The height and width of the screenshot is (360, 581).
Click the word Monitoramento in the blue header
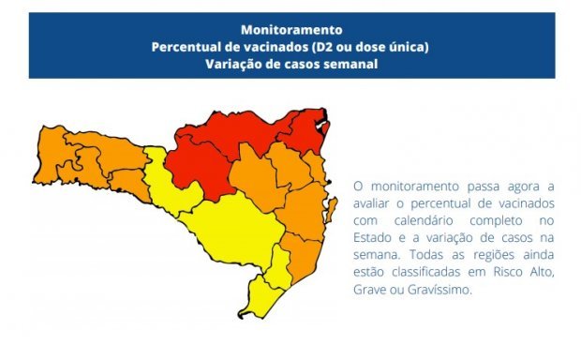(x=290, y=29)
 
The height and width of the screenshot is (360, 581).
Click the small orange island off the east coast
(x=333, y=205)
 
